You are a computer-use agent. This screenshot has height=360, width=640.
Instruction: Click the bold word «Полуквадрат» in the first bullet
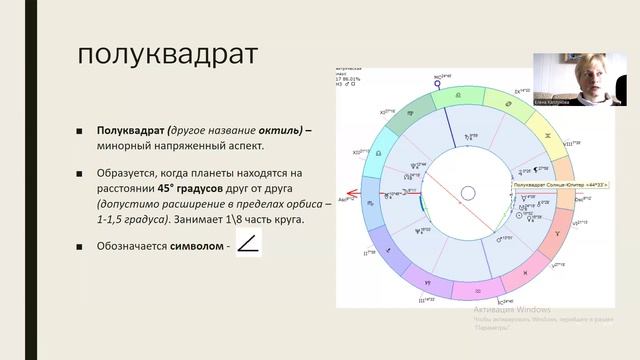pos(133,131)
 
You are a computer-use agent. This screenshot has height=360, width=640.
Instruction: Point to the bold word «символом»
pos(196,245)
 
